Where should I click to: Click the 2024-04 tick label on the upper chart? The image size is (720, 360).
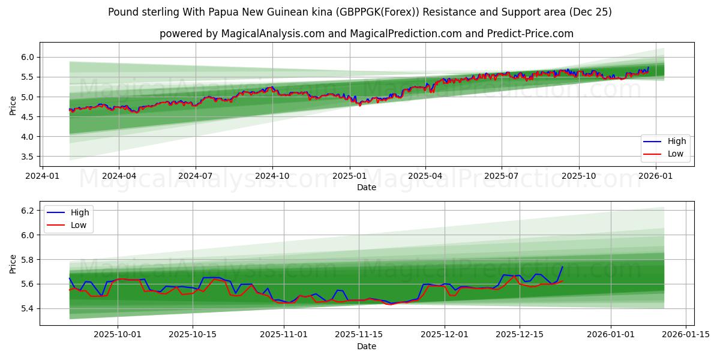pos(118,176)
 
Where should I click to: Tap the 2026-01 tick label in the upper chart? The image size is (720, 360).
pos(656,176)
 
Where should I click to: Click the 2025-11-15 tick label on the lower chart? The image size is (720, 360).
pos(359,335)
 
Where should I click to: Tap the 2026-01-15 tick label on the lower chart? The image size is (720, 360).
pos(686,335)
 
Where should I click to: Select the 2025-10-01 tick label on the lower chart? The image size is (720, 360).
pos(118,335)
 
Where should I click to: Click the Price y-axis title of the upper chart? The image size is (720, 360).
pos(13,104)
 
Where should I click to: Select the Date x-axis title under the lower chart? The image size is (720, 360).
pos(367,346)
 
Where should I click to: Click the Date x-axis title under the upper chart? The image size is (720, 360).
pos(367,187)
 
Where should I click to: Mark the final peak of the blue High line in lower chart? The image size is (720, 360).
pos(562,267)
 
